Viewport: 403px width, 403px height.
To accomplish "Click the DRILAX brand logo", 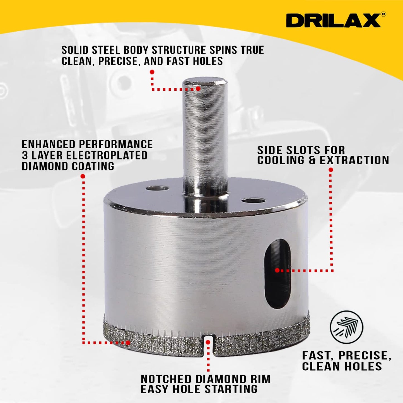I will point(333,21).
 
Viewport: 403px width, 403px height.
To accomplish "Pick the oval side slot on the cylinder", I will point(277,273).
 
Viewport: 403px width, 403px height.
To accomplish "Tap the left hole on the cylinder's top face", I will point(157,189).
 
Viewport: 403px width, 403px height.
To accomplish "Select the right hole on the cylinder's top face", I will point(253,201).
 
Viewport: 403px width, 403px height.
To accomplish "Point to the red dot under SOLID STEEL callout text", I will point(152,72).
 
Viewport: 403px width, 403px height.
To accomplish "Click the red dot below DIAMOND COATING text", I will point(83,176).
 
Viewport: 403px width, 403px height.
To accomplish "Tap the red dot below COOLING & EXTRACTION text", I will point(331,170).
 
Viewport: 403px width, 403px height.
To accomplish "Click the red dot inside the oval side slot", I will point(277,270).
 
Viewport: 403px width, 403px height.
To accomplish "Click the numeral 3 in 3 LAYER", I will point(25,155).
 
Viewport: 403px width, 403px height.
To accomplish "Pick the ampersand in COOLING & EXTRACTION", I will point(312,161).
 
